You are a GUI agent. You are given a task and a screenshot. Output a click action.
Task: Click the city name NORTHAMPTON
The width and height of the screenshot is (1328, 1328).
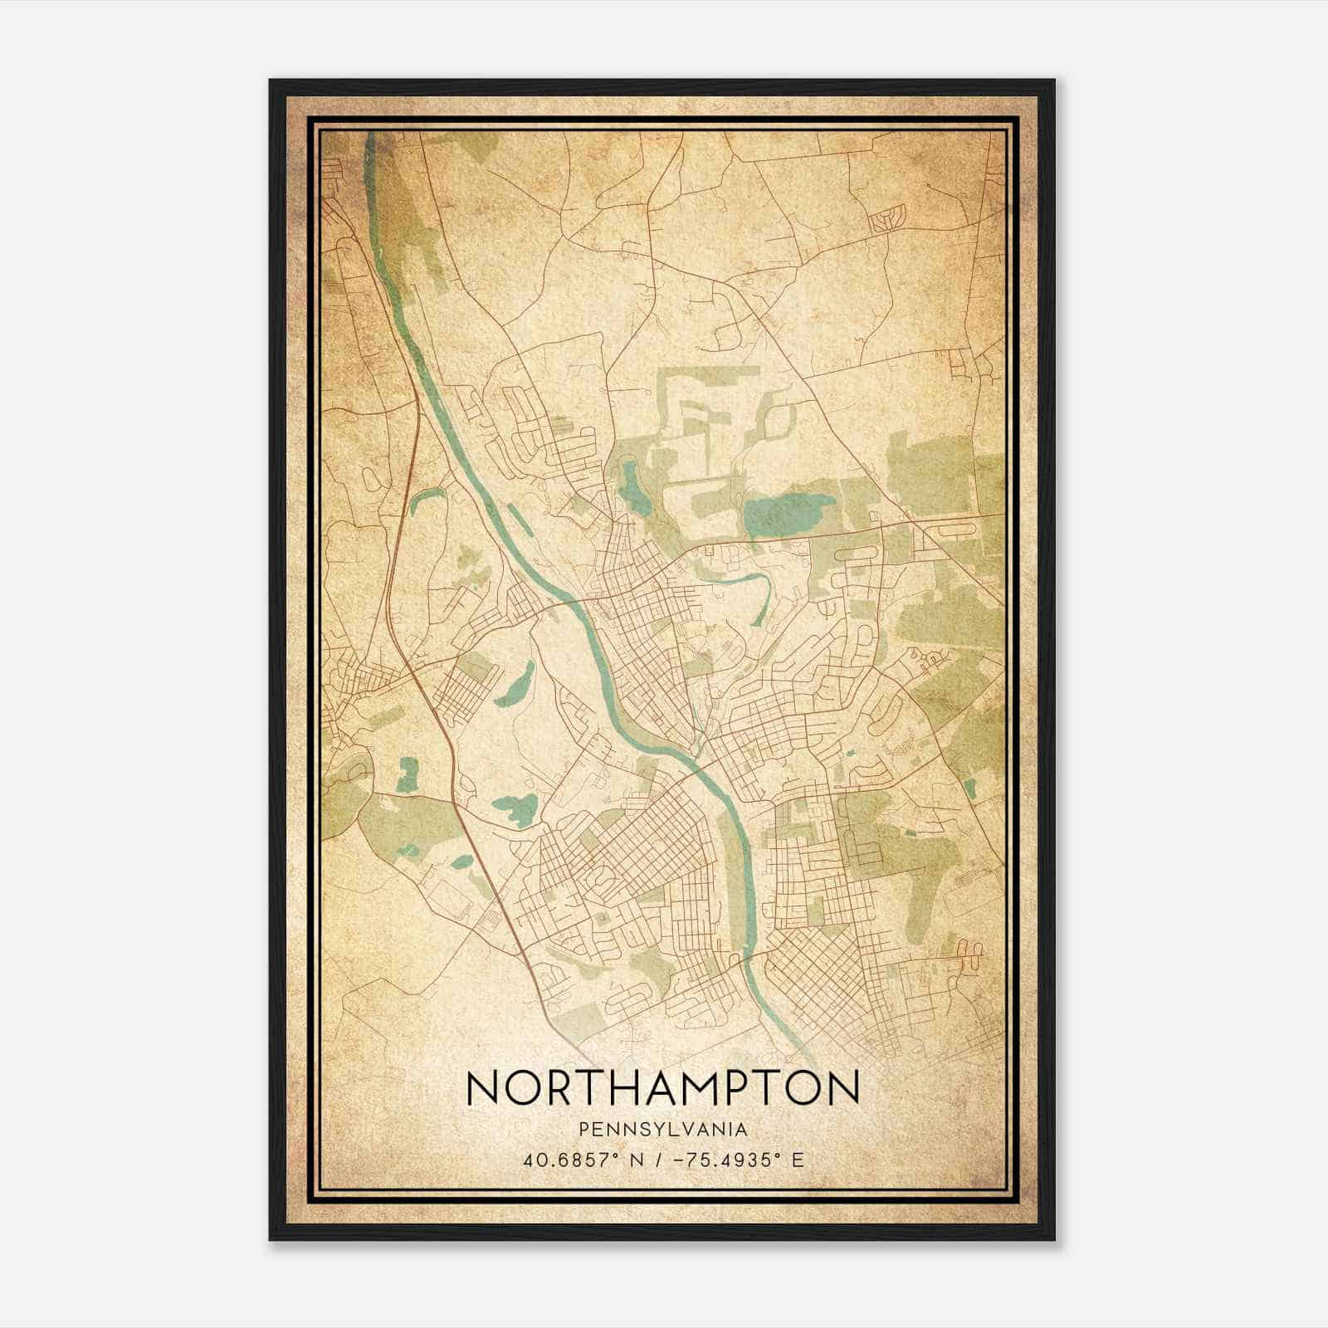pyautogui.click(x=662, y=1086)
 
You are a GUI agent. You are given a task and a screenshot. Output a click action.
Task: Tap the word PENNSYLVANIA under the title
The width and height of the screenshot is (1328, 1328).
pyautogui.click(x=663, y=1130)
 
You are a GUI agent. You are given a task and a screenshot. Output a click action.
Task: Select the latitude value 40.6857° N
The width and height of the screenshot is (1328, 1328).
pyautogui.click(x=576, y=1160)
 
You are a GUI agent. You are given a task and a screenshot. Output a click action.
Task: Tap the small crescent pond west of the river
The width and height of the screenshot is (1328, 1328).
pyautogui.click(x=424, y=498)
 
